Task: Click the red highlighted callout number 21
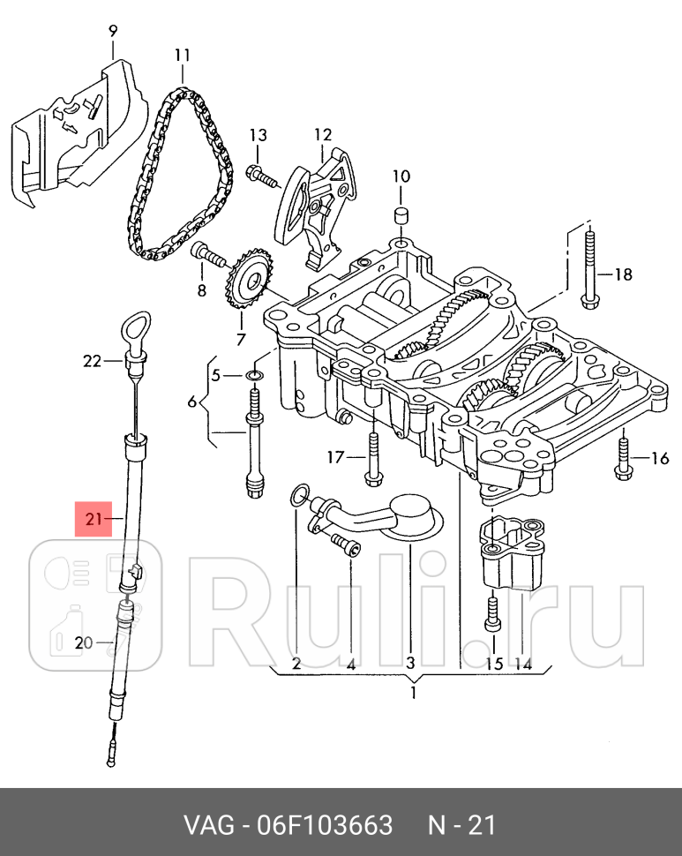94,518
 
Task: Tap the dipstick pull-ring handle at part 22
135,327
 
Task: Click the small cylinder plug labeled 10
401,215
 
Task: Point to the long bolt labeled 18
588,270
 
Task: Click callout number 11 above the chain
183,55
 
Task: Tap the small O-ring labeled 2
297,495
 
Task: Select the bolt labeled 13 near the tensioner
264,176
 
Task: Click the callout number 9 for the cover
112,31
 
